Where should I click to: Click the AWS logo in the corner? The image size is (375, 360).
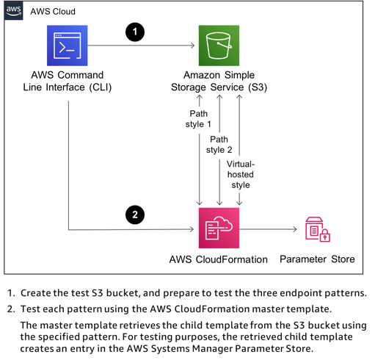coord(14,10)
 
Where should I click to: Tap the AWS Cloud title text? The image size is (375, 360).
coord(53,12)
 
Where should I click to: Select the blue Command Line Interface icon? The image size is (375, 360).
coord(67,46)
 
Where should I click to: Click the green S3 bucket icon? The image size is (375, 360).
coord(219,46)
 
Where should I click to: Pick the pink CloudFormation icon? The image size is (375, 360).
coord(219,228)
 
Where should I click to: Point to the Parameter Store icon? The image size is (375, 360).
coord(317,229)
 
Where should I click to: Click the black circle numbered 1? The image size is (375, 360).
coord(135,32)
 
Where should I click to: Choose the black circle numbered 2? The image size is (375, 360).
coord(135,215)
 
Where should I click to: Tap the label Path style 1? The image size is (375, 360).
coord(198,119)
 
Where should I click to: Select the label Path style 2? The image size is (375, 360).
coord(219,145)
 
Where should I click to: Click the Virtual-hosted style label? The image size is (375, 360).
coord(241,174)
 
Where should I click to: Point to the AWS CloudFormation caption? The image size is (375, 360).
coord(219,259)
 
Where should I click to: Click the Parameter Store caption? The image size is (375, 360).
coord(317,259)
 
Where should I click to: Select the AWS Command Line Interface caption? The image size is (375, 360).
coord(68,82)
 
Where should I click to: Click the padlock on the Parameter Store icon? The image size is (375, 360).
coord(324,237)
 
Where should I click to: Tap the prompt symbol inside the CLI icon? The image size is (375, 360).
coord(65,48)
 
